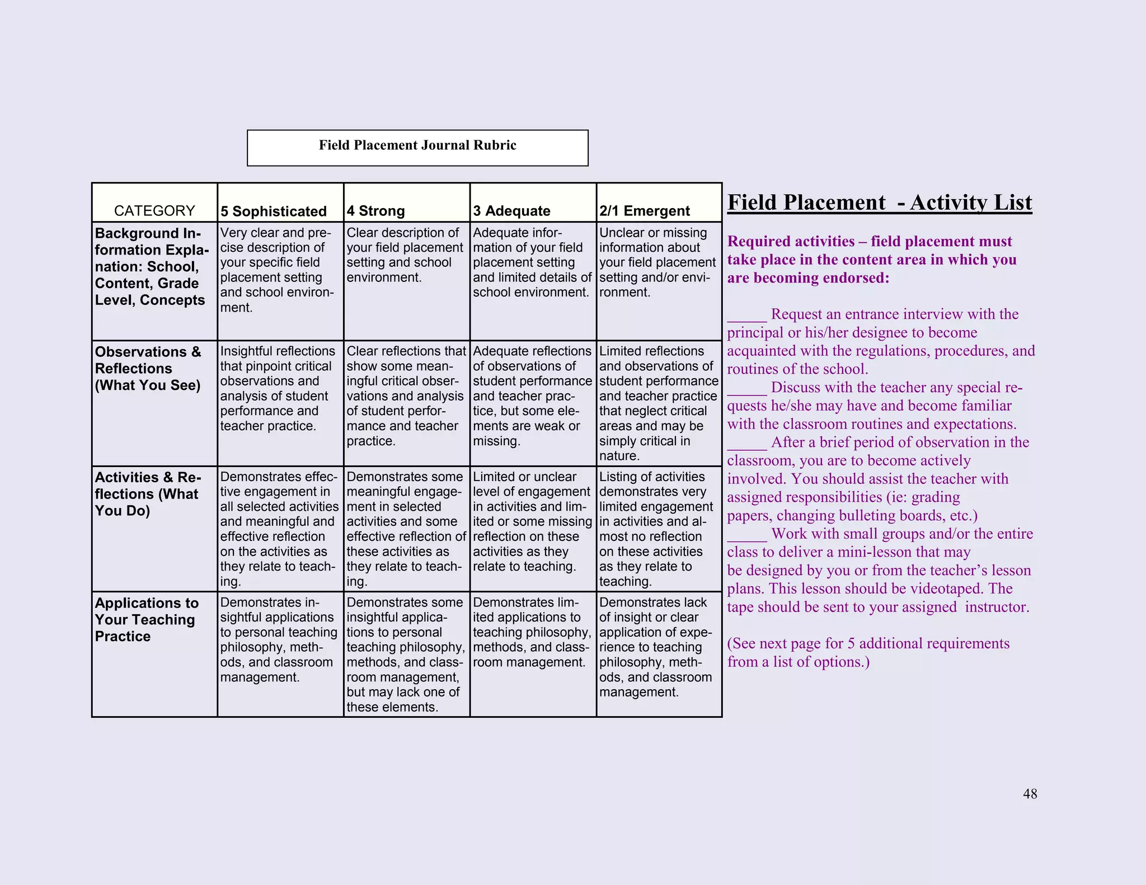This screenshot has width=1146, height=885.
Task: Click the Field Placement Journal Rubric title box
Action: [x=417, y=147]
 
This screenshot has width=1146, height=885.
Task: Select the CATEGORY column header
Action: [x=154, y=211]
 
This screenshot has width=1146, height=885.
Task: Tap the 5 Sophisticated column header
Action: [x=274, y=211]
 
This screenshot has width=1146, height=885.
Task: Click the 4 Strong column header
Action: [x=375, y=211]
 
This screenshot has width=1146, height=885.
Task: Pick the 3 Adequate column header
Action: [x=511, y=211]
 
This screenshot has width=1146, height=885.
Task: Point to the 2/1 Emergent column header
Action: [x=645, y=211]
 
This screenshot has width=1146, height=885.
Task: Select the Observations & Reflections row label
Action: [x=148, y=368]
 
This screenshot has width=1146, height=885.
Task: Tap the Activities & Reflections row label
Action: [x=147, y=493]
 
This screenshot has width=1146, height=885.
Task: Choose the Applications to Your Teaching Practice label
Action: [x=146, y=619]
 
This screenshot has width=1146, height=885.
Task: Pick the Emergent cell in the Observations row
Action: [x=658, y=403]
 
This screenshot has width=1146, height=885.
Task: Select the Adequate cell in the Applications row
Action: [x=532, y=632]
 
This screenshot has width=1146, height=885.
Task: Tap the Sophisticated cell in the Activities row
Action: [x=279, y=528]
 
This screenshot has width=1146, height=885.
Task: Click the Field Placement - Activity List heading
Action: [x=879, y=203]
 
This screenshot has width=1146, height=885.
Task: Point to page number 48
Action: [x=1030, y=794]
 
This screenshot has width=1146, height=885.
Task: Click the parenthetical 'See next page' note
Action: [x=868, y=652]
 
